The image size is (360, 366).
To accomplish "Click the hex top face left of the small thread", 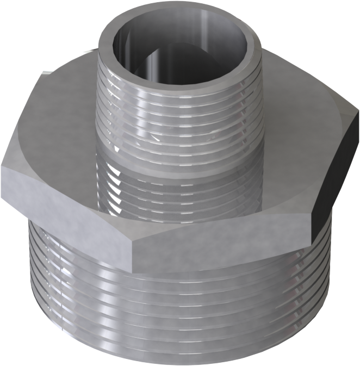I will pos(60,114).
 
